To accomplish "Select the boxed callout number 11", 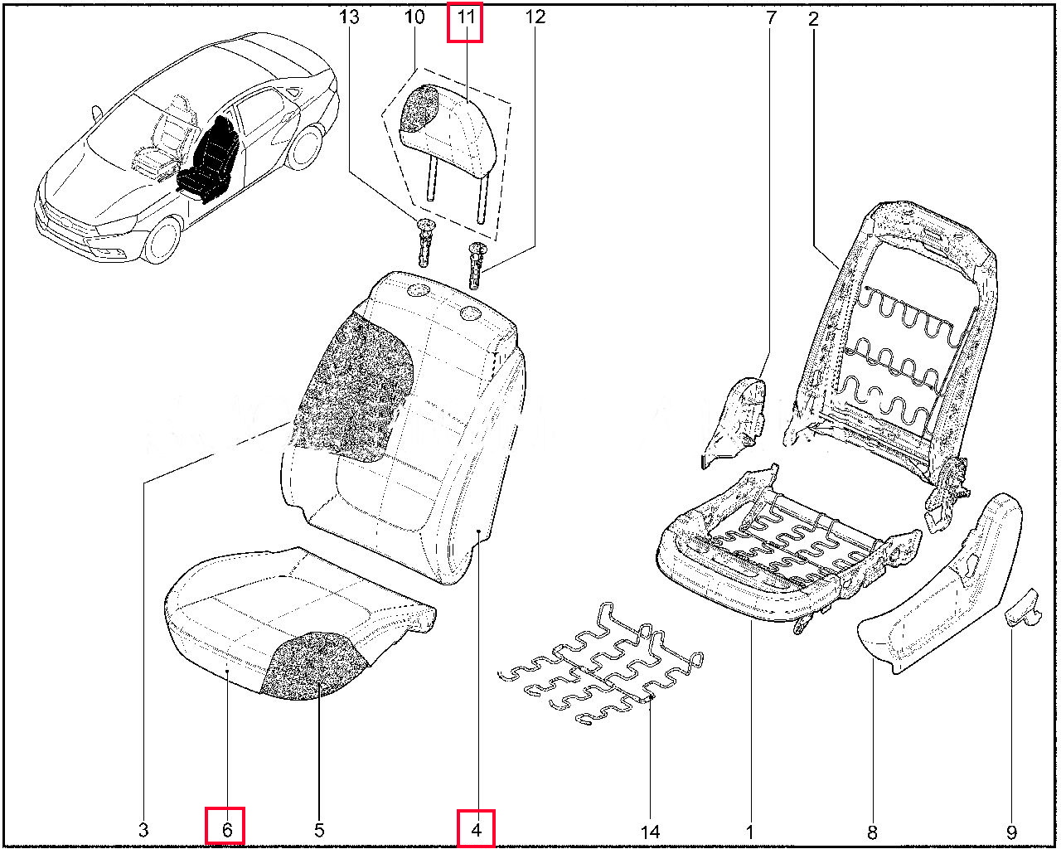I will coord(465,17).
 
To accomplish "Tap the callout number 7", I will coord(771,17).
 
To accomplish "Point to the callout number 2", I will coord(813,17).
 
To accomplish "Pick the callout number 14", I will coord(651,830).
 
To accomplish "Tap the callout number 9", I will coord(1012,830).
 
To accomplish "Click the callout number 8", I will coord(871,830).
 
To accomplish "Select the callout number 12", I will coord(535,17).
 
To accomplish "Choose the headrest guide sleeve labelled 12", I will coord(477,263).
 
